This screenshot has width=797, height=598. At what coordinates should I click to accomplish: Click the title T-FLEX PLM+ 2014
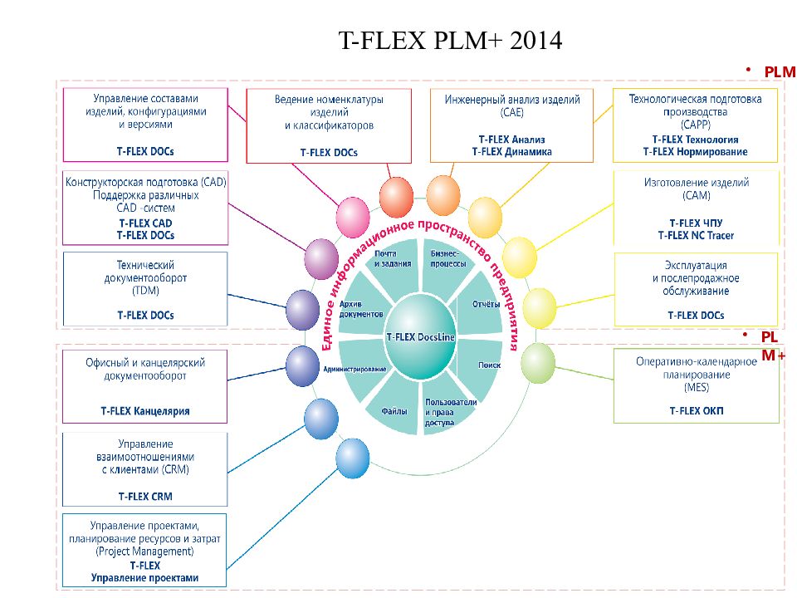(x=450, y=40)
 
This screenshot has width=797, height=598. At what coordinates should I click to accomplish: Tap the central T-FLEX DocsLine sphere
(x=420, y=336)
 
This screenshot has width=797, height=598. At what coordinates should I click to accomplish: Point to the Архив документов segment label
(x=361, y=309)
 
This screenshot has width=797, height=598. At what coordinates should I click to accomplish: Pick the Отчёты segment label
(x=486, y=304)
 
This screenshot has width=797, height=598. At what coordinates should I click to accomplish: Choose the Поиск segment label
(x=489, y=365)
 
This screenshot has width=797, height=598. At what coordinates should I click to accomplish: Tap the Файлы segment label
(x=394, y=411)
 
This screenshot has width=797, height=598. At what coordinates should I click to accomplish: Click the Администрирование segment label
(x=354, y=369)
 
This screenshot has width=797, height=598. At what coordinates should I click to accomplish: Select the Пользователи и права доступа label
(x=450, y=412)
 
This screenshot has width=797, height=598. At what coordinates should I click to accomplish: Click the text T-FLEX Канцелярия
(x=145, y=411)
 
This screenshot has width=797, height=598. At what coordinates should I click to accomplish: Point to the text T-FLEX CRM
(x=145, y=497)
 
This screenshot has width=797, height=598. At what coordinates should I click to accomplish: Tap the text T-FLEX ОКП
(x=697, y=411)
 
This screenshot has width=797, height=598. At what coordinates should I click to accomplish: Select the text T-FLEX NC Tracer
(x=696, y=235)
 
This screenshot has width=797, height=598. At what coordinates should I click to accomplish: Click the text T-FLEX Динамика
(x=512, y=151)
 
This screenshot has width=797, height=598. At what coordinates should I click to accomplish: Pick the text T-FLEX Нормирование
(x=696, y=151)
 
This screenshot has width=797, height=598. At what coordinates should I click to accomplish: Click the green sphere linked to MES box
(x=538, y=363)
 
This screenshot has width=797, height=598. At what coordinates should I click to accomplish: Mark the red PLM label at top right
(x=780, y=71)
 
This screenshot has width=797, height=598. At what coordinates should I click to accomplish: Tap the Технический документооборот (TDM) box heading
(x=145, y=277)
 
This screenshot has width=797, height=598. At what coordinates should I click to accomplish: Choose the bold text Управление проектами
(x=144, y=578)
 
